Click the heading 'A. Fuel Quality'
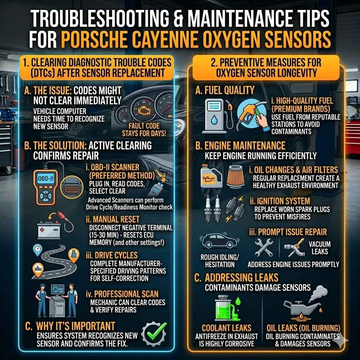225,90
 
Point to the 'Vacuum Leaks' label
320,248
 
